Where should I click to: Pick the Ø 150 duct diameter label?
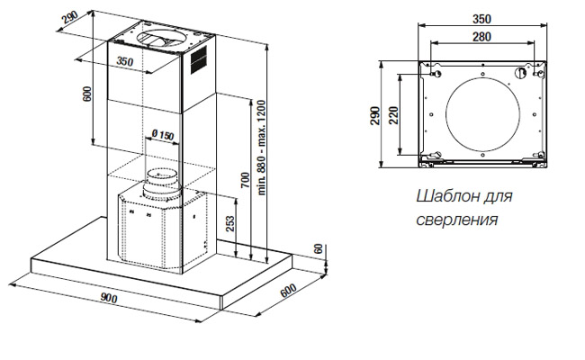tap(162, 135)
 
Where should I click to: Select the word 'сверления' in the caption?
tap(457, 219)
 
